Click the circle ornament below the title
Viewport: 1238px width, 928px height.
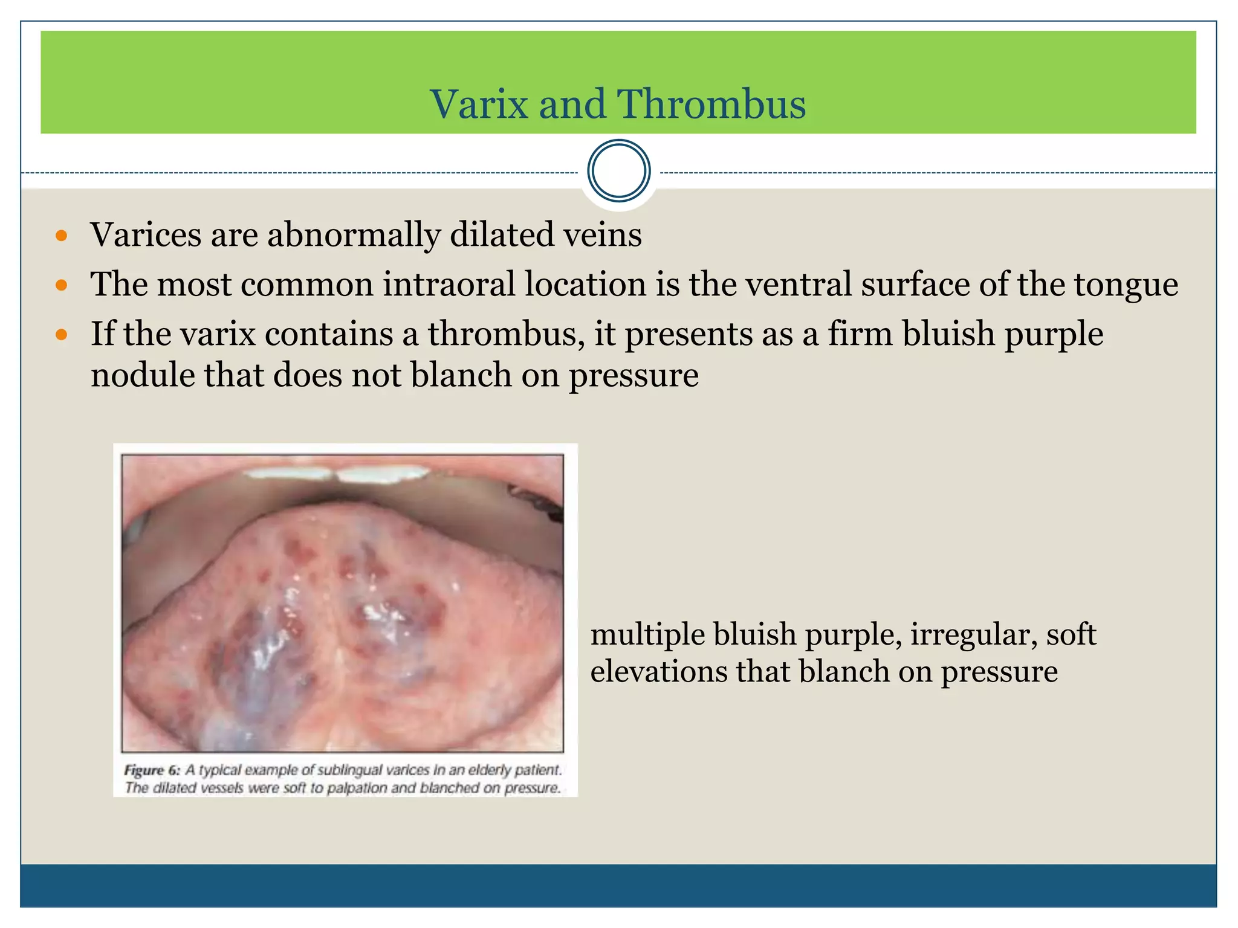click(618, 171)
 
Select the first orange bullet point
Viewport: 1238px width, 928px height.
click(61, 236)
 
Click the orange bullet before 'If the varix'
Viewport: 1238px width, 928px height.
click(61, 335)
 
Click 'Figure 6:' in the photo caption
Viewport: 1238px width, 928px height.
click(152, 770)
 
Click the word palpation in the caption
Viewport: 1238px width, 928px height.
click(357, 788)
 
